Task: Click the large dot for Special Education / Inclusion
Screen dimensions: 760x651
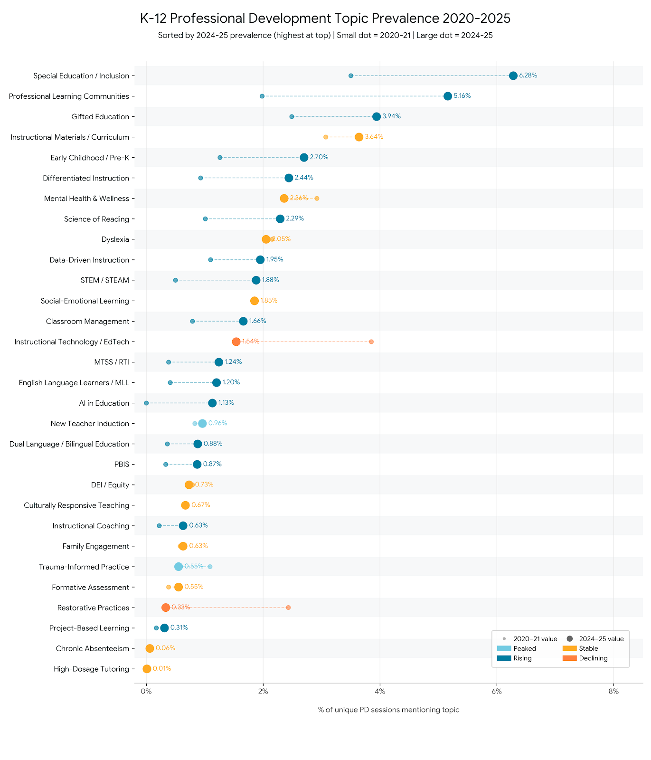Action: (513, 76)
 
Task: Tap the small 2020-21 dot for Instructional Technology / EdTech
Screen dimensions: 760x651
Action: (371, 342)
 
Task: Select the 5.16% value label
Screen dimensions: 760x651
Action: (462, 96)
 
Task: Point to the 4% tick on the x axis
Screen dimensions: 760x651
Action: (380, 692)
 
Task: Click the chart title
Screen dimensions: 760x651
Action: (325, 19)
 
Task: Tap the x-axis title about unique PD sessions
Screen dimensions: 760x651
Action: (388, 710)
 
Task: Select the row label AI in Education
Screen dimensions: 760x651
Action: (104, 403)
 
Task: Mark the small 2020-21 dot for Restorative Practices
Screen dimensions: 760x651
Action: (288, 608)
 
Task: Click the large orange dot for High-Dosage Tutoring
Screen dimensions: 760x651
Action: (147, 669)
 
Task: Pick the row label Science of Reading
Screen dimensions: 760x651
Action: (96, 219)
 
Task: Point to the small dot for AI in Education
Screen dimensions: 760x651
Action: (146, 403)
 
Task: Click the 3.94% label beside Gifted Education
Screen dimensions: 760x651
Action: (391, 116)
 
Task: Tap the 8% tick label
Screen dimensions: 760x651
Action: (613, 692)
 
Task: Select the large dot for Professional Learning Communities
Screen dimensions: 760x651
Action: (447, 96)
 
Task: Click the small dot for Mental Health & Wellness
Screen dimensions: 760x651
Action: (317, 199)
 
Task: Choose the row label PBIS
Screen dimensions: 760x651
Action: (122, 465)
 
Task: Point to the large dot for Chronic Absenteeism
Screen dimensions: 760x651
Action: (150, 648)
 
